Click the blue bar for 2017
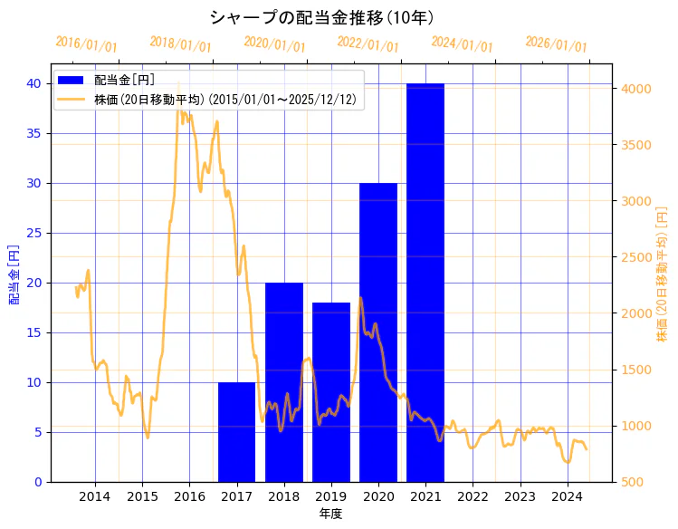pyautogui.click(x=236, y=432)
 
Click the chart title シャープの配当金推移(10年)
pyautogui.click(x=321, y=17)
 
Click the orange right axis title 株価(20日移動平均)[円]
pyautogui.click(x=662, y=274)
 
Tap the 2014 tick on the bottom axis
pyautogui.click(x=95, y=496)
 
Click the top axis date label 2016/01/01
pyautogui.click(x=86, y=44)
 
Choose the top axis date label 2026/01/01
pyautogui.click(x=556, y=44)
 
